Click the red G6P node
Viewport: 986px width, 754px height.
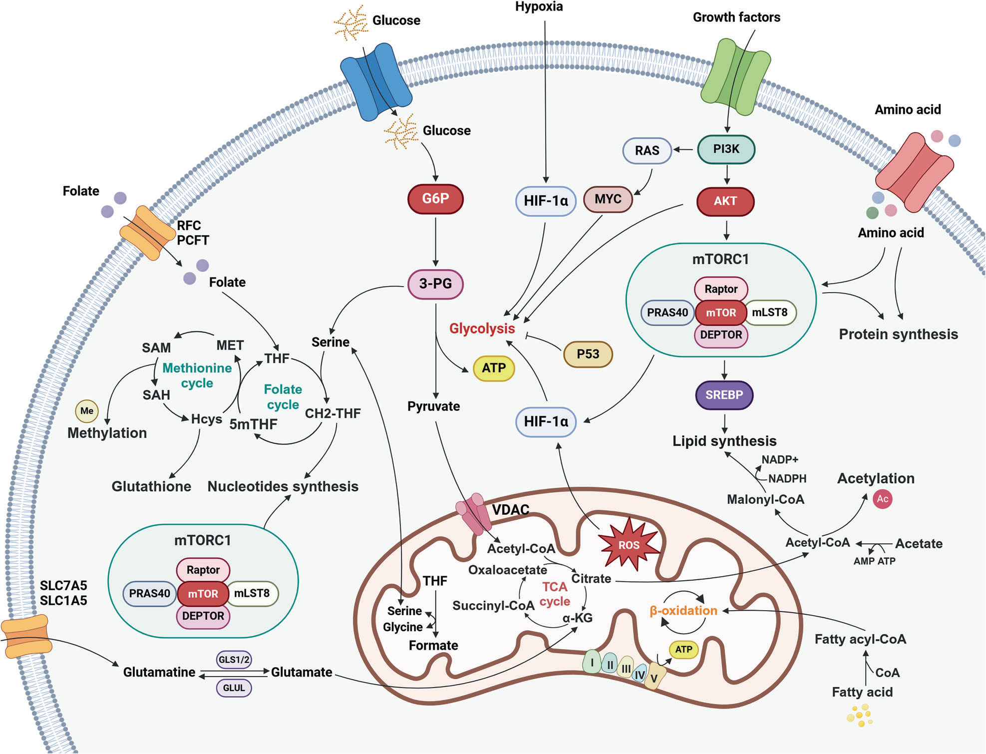tap(435, 199)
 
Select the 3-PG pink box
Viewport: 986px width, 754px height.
tap(435, 284)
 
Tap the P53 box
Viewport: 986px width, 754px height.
tap(588, 354)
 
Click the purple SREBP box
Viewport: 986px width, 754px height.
tap(724, 394)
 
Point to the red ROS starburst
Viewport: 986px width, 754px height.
tap(629, 544)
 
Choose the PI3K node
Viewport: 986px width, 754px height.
tap(726, 149)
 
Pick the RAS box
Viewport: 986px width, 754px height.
tap(647, 150)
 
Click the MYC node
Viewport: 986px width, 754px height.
tap(608, 199)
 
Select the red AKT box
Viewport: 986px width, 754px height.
tap(725, 201)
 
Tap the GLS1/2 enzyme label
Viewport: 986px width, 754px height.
tap(234, 660)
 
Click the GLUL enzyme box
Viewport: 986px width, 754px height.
tap(234, 688)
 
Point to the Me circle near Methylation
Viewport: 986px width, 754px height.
tap(87, 410)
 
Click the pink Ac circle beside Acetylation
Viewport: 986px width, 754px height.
tap(882, 499)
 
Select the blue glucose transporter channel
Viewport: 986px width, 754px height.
tap(376, 81)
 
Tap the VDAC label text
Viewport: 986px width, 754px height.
tap(510, 510)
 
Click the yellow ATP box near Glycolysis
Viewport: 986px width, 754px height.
tap(494, 368)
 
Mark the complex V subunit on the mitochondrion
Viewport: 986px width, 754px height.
tap(654, 678)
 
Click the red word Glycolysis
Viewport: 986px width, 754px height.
tap(482, 329)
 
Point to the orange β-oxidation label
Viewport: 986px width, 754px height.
tap(683, 610)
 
